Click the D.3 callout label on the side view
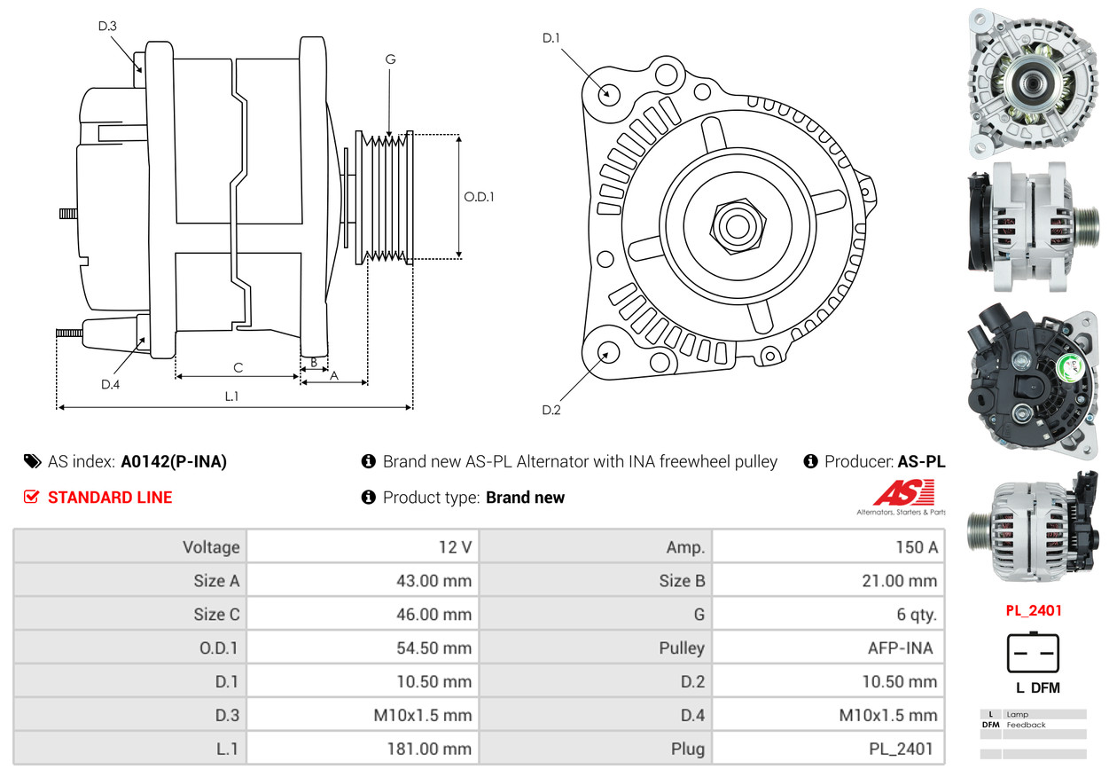[107, 27]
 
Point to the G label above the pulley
[390, 59]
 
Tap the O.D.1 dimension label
[479, 197]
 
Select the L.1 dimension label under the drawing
[231, 396]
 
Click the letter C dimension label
[238, 367]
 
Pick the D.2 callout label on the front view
[551, 410]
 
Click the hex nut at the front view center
[735, 224]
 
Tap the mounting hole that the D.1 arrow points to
[608, 93]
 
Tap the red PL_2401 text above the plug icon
[1033, 610]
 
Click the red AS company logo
[901, 493]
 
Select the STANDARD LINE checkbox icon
[31, 498]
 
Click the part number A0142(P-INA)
[174, 461]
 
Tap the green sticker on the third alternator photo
[1072, 364]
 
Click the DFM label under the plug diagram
[1045, 687]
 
